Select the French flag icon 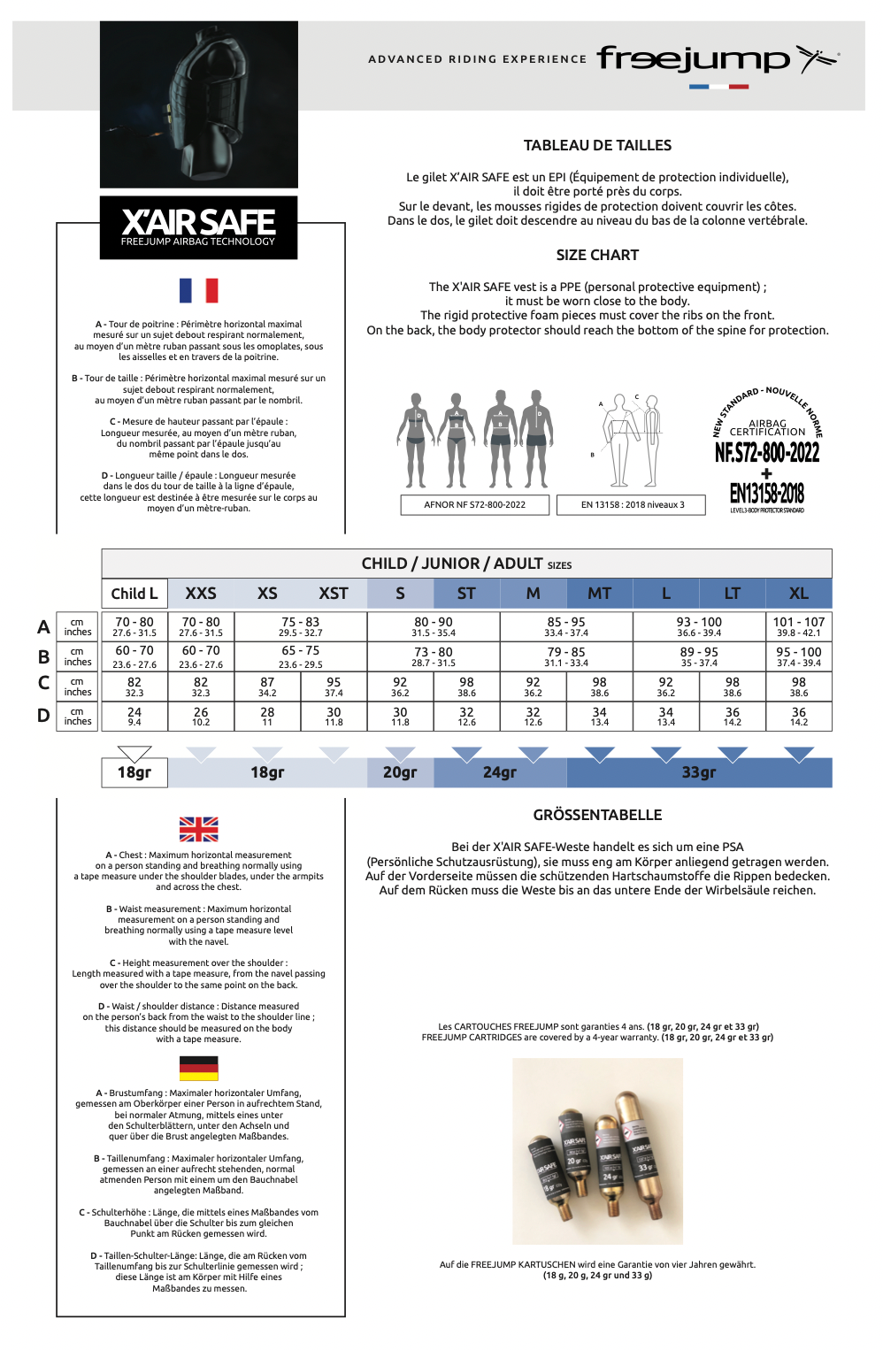pos(198,290)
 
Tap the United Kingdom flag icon pos(198,829)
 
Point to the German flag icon pos(198,1069)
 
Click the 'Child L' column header pos(134,594)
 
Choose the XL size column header pos(798,594)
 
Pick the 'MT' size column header pos(599,594)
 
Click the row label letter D pos(43,716)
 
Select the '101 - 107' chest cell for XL pos(798,626)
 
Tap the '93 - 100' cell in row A pos(699,626)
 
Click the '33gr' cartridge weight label pos(699,772)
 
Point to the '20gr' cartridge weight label pos(400,772)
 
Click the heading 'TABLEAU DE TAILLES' pos(597,145)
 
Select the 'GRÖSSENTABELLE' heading pos(597,815)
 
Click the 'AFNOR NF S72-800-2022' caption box pos(474,505)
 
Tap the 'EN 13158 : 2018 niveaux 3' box pos(632,505)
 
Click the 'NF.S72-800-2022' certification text pos(767,453)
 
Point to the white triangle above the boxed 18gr pos(134,753)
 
